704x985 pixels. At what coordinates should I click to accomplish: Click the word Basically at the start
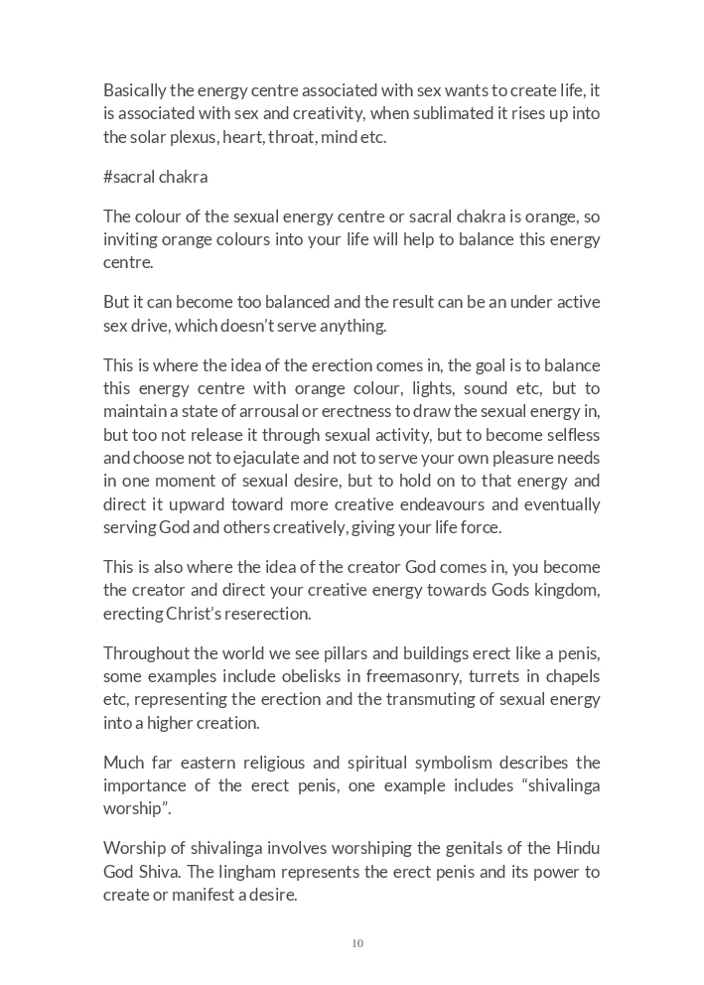pyautogui.click(x=134, y=90)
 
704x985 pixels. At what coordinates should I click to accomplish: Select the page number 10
pyautogui.click(x=357, y=943)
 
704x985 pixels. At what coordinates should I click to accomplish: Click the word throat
pyautogui.click(x=292, y=137)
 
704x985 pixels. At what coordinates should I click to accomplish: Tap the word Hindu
pyautogui.click(x=578, y=849)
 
